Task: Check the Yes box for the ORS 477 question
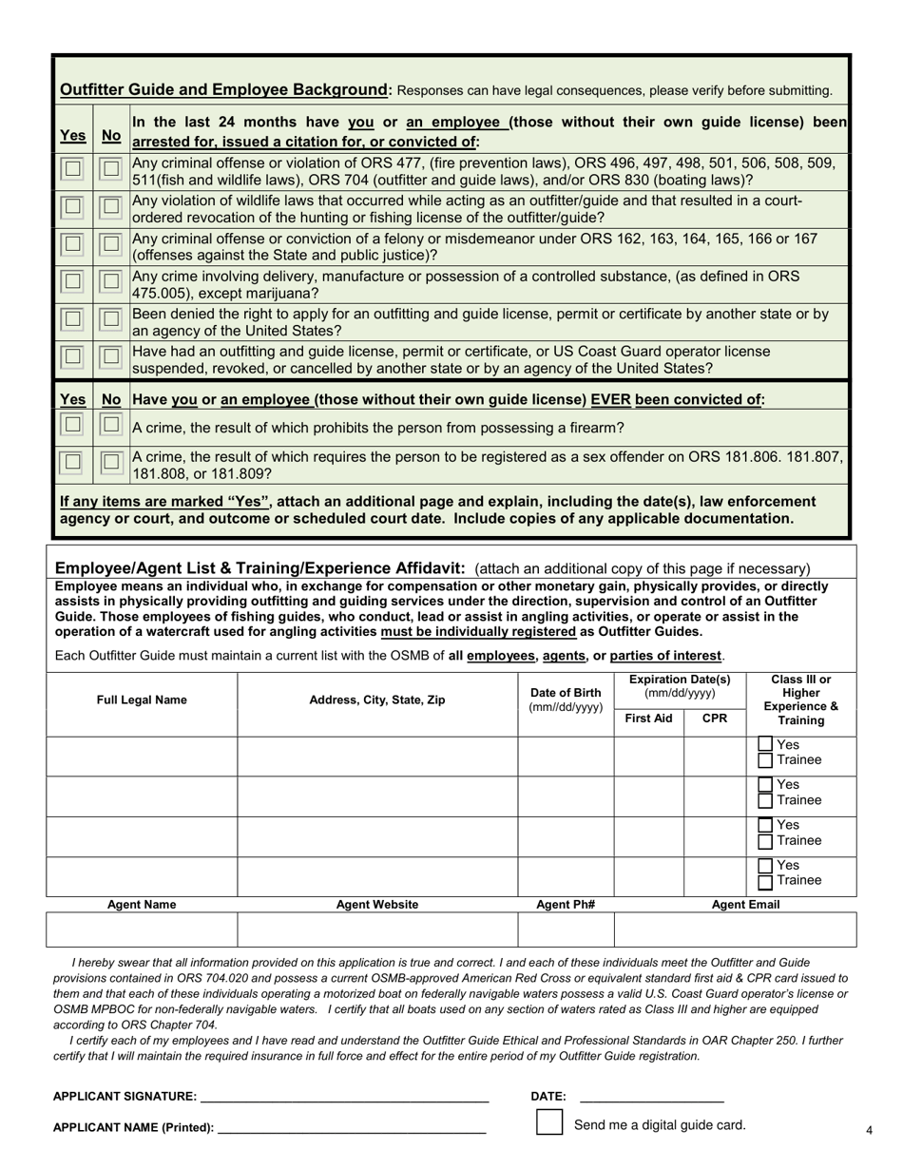72,169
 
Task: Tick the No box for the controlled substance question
111,281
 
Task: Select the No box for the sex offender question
111,462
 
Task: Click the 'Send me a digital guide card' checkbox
549,1122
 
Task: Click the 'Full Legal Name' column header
142,700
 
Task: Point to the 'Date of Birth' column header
566,699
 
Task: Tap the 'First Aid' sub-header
648,719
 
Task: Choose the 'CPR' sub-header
715,719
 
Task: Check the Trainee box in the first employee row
765,760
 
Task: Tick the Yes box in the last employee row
765,866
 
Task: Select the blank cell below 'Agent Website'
377,929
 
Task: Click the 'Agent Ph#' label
566,905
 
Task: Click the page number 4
869,1130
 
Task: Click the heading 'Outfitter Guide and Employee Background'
223,90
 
